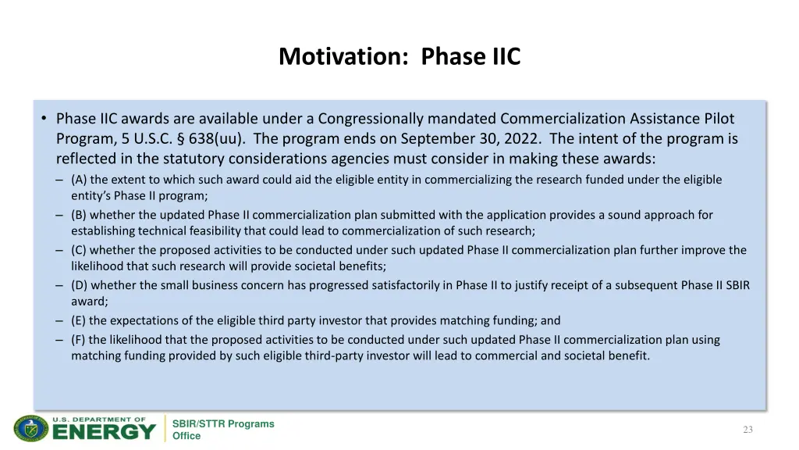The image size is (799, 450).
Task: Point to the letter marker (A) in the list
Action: click(x=79, y=180)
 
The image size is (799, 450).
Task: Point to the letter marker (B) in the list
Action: click(x=79, y=215)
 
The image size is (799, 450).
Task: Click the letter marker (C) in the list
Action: click(x=79, y=250)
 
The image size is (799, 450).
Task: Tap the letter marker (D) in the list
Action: click(x=79, y=285)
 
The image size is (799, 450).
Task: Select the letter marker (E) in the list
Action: click(x=79, y=320)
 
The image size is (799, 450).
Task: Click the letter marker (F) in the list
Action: click(x=79, y=340)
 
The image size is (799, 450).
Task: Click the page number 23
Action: click(x=748, y=430)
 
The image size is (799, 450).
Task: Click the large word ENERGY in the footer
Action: click(x=104, y=432)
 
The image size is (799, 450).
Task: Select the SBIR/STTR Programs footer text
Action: click(x=223, y=423)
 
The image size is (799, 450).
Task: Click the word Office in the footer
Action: click(x=186, y=436)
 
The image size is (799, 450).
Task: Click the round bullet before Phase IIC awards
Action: click(x=44, y=119)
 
